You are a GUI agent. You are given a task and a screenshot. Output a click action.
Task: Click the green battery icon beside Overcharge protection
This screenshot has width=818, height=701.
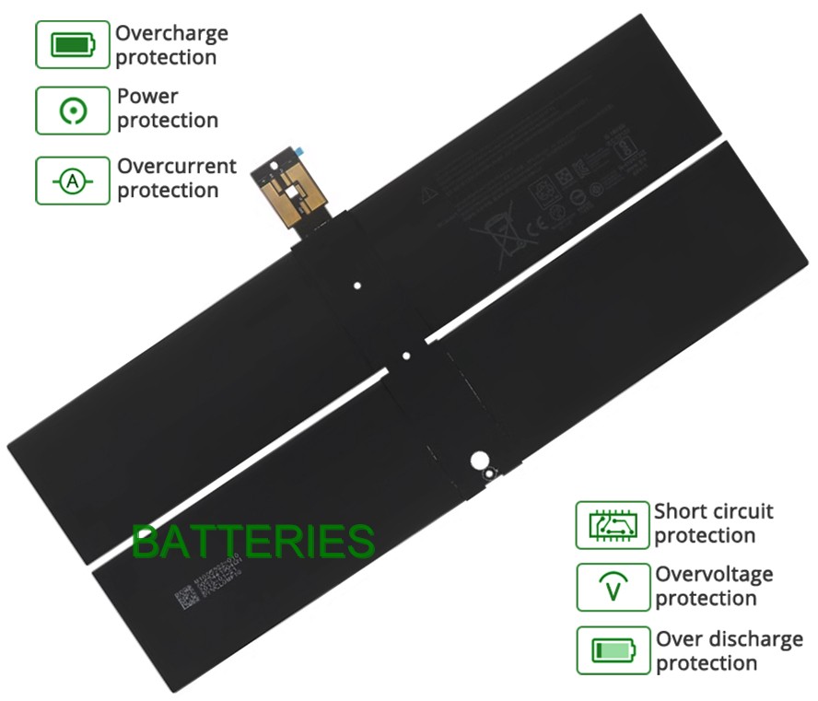73,44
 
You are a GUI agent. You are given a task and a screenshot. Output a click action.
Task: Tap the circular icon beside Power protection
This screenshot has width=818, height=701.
73,111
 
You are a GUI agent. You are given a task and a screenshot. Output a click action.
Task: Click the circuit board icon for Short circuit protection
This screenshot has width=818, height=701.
613,525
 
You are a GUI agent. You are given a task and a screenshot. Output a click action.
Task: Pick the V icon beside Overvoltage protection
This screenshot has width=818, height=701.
613,587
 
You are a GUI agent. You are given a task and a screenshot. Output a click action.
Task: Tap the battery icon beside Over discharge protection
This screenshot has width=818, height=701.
613,650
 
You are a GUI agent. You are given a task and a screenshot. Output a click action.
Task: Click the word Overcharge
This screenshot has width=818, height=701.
171,34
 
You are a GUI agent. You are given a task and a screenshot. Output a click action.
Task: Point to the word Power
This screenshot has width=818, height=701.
147,96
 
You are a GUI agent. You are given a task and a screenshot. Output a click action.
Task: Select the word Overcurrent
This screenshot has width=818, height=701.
177,167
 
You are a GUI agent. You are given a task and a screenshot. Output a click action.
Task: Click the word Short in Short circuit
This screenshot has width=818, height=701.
680,511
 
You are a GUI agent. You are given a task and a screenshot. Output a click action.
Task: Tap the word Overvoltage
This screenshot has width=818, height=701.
714,575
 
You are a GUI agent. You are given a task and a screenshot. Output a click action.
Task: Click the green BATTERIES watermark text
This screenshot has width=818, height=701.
253,542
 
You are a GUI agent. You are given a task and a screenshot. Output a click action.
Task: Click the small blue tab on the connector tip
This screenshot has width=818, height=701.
299,147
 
